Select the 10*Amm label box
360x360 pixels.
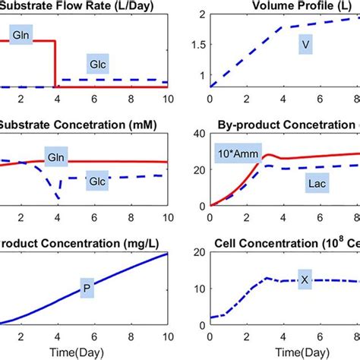(235, 149)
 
